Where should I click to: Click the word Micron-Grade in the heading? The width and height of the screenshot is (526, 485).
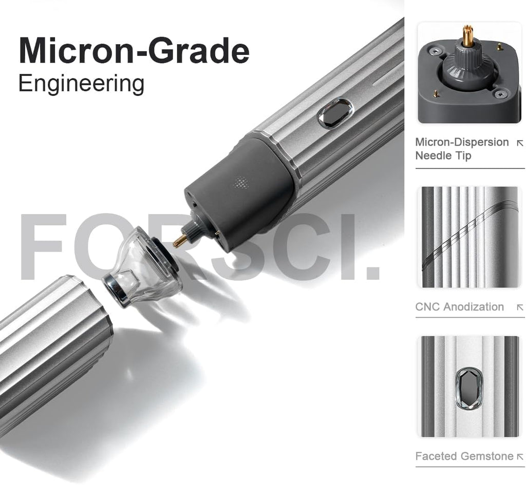[x=134, y=50]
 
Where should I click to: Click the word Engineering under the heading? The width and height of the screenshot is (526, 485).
[x=82, y=84]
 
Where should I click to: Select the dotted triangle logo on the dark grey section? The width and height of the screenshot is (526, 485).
[x=240, y=183]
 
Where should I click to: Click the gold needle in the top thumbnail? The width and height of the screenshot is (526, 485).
[x=467, y=35]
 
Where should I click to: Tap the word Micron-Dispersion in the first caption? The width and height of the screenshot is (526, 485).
[x=462, y=142]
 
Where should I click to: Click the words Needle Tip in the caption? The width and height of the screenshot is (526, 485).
[x=443, y=156]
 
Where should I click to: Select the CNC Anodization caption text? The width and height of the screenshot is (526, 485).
[x=459, y=307]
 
